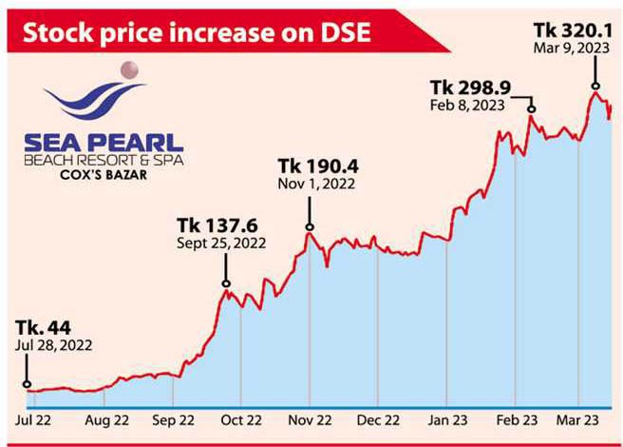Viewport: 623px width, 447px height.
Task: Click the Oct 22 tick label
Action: [x=240, y=418]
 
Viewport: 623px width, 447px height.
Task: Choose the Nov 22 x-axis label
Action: [x=310, y=418]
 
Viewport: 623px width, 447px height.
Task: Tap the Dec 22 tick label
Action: [x=378, y=418]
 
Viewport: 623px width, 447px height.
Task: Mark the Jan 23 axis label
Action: [x=446, y=418]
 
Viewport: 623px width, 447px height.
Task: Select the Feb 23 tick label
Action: [x=515, y=418]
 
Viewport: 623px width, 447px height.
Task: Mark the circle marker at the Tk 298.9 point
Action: [x=532, y=110]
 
